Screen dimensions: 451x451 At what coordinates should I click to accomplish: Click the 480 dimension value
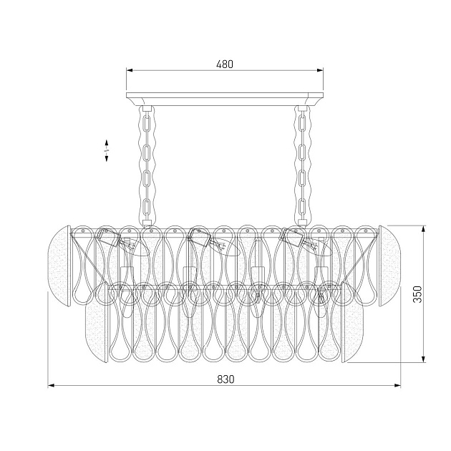225,64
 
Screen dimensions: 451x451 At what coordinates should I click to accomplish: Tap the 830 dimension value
225,379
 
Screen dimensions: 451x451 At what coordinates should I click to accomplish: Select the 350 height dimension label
417,294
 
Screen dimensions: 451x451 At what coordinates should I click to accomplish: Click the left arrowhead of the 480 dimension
130,70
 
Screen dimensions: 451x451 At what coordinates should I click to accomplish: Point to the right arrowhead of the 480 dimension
320,70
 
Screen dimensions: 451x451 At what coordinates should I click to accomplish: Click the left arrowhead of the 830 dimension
51,385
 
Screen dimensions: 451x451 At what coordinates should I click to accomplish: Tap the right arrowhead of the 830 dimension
398,385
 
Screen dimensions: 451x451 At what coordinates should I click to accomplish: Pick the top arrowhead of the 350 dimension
423,229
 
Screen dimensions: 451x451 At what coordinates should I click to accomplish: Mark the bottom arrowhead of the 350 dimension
423,359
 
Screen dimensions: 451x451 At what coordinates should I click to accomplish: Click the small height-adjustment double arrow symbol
107,150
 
